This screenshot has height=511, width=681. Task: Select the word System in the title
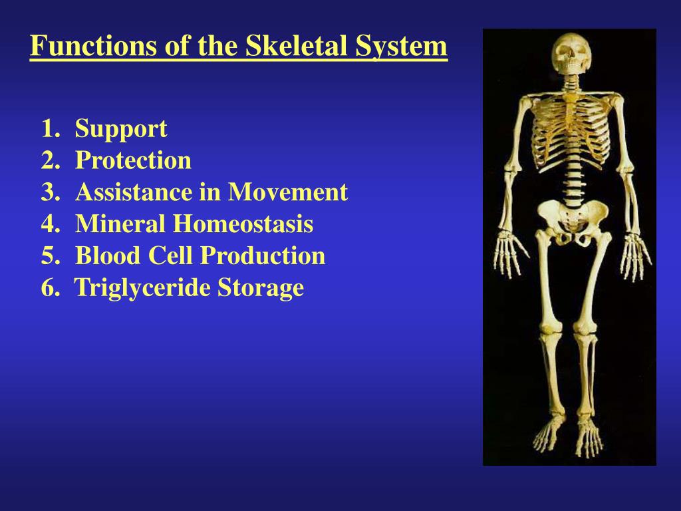(x=401, y=46)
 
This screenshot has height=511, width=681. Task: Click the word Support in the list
(x=121, y=128)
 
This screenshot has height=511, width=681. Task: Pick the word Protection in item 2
(x=133, y=160)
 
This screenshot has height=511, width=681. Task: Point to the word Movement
(x=287, y=192)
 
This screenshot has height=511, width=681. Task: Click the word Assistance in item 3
(x=134, y=192)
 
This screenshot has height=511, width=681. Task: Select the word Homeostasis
(x=243, y=224)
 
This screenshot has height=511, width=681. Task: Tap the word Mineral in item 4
(x=120, y=224)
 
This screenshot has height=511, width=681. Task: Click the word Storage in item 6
(x=261, y=287)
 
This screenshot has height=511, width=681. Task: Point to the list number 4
(x=51, y=224)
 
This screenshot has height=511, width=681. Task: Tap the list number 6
(x=51, y=287)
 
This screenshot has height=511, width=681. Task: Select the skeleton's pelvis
(x=571, y=221)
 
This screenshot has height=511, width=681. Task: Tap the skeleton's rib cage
(x=571, y=130)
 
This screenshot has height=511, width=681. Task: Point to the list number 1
(x=51, y=128)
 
